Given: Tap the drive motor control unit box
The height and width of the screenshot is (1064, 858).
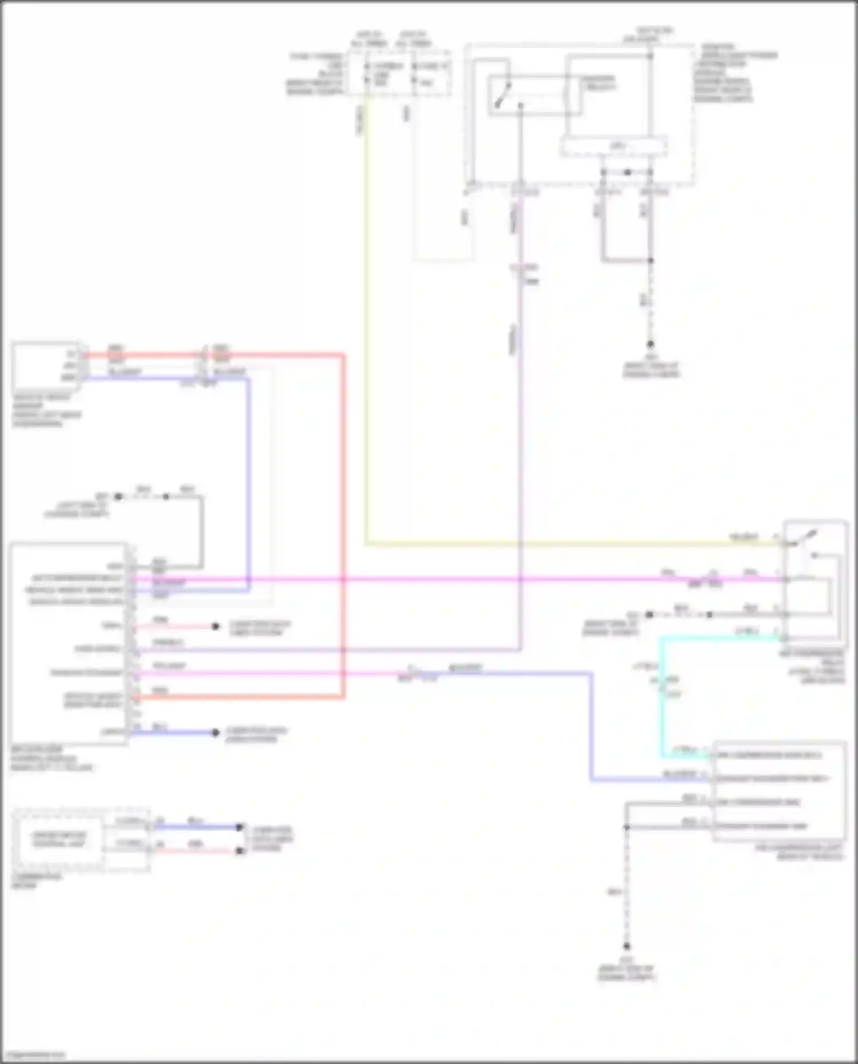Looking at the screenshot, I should click(x=59, y=839).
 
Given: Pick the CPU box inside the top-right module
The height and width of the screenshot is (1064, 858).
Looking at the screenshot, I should click(x=614, y=147).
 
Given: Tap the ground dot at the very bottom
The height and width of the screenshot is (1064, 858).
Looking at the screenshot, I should click(x=626, y=946).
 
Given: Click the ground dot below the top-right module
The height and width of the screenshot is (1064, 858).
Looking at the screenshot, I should click(x=650, y=344).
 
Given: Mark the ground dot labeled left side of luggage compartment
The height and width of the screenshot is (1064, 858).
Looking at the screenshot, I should click(x=118, y=497).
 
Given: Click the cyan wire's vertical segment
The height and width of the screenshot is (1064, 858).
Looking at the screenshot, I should click(x=662, y=698).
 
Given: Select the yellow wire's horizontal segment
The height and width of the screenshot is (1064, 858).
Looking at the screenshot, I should click(x=572, y=544).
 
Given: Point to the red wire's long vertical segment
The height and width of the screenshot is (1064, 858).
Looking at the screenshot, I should click(x=343, y=526).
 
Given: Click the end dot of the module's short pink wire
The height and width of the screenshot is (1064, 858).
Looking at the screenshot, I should click(x=215, y=627).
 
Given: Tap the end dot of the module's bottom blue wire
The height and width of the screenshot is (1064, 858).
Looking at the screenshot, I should click(x=215, y=732).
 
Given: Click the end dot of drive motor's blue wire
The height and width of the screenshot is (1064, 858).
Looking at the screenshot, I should click(x=240, y=827).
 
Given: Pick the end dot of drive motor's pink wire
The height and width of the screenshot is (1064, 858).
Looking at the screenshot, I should click(x=240, y=851).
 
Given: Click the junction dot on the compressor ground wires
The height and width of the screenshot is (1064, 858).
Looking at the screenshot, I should click(x=627, y=827).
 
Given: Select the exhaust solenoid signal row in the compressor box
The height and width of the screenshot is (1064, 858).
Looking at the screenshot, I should click(x=772, y=779).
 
